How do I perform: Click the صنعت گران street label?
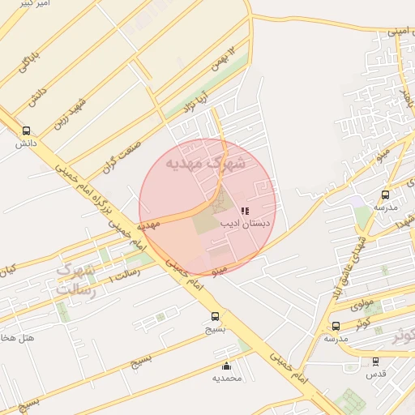122,155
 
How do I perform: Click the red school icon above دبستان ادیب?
245,211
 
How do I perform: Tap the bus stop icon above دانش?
26,130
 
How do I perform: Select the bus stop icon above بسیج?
215,317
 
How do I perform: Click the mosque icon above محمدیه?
226,366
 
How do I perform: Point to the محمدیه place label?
227,379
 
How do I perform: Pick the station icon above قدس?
375,362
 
